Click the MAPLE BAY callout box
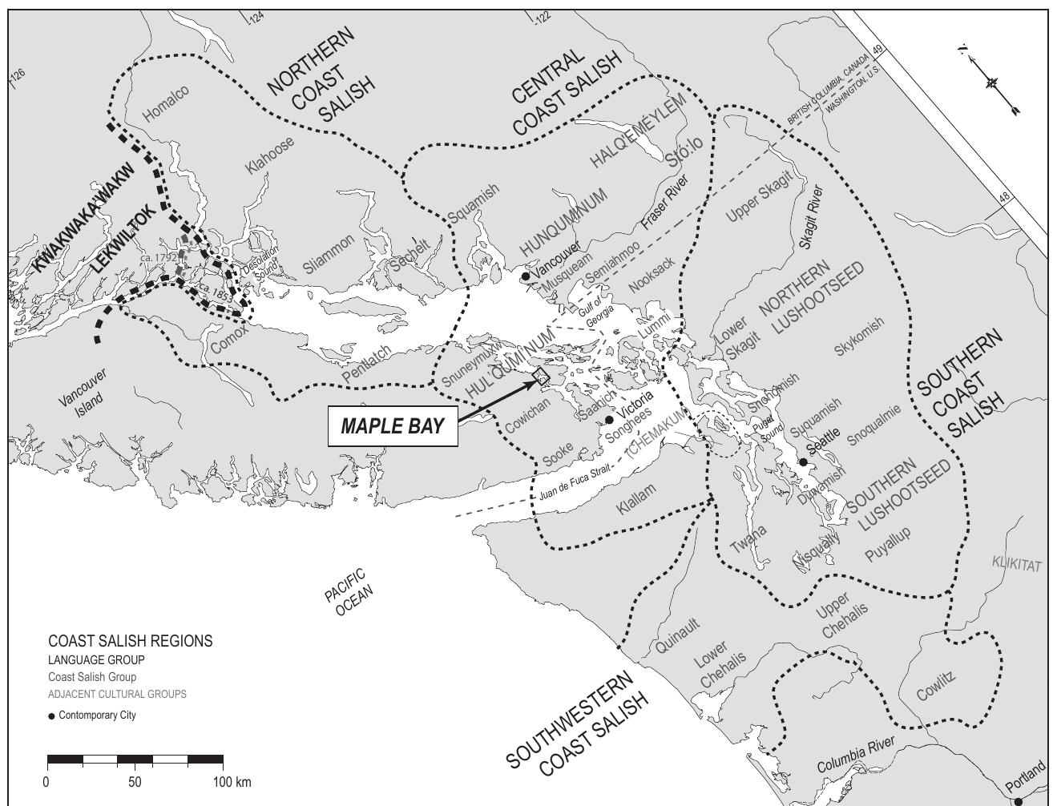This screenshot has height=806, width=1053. click(393, 425)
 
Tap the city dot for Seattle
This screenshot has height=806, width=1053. click(804, 462)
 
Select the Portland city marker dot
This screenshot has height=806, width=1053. click(1019, 800)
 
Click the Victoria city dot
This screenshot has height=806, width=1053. click(609, 419)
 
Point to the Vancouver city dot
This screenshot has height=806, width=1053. click(526, 276)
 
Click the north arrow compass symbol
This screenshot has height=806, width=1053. click(992, 82)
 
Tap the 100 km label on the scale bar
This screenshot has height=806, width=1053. click(232, 781)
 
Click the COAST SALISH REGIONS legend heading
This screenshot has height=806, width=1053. click(130, 641)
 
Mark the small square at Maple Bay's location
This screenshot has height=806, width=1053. click(541, 377)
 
